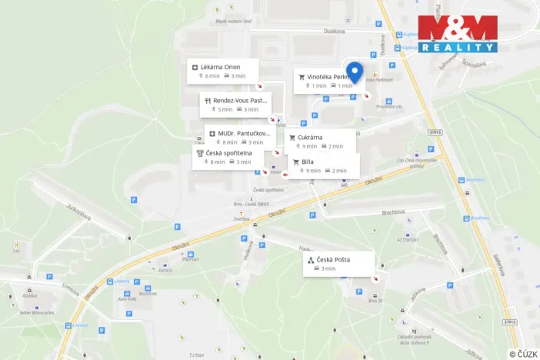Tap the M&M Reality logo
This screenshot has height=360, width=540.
(x=458, y=34)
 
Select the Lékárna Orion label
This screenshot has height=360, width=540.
(x=221, y=67)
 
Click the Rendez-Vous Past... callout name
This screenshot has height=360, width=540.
(x=240, y=100)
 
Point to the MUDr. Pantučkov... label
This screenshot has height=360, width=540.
(x=244, y=133)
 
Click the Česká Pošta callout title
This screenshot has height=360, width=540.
(x=333, y=259)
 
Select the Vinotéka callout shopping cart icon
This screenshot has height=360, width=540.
(x=302, y=77)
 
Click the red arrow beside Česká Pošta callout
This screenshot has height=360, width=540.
(x=375, y=279)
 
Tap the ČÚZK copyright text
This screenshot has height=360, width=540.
(x=523, y=353)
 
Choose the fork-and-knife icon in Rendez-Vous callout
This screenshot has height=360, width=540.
(x=208, y=101)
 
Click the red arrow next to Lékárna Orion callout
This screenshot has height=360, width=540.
(x=260, y=85)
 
